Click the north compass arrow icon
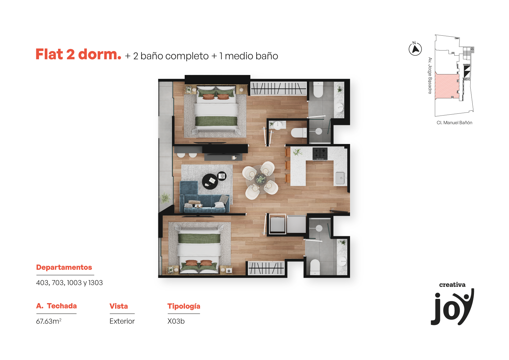tap(415, 49)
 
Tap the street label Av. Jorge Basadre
tap(430, 76)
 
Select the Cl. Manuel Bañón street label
tap(454, 123)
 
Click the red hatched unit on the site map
tap(447, 86)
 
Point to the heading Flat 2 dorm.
tap(78, 54)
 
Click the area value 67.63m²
tap(49, 321)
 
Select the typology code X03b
tap(176, 321)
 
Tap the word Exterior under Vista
tap(122, 321)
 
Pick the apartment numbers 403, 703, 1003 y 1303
tap(69, 283)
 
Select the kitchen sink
tap(340, 178)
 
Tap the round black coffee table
tap(210, 181)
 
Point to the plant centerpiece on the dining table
tap(261, 179)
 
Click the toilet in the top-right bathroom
tap(318, 90)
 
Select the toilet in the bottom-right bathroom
tap(315, 267)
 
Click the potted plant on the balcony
tap(165, 198)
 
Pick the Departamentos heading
tap(64, 267)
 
